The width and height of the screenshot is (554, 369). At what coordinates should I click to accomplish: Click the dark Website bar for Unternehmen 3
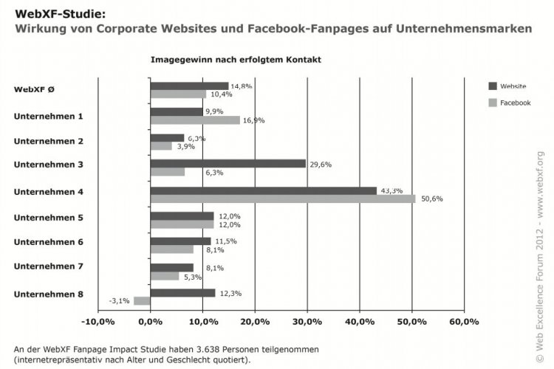pos(228,163)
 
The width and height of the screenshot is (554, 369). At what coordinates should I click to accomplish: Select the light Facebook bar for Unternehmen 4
pos(282,199)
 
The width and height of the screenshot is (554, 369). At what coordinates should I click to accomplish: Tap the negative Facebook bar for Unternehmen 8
pos(142,301)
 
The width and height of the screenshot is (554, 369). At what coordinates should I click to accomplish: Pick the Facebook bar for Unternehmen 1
pos(195,120)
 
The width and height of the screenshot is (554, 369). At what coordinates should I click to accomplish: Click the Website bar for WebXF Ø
pos(189,86)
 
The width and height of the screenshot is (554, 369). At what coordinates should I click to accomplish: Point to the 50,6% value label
pos(431,199)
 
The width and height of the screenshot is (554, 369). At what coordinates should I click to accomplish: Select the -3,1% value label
pos(119,301)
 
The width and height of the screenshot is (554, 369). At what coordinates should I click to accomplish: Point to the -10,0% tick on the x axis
pos(98,322)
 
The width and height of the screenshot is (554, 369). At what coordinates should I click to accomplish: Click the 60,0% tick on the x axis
pos(464,322)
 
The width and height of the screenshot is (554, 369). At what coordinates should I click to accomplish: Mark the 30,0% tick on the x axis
pos(307,322)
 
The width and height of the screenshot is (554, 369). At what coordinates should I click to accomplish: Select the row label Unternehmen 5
pos(49,218)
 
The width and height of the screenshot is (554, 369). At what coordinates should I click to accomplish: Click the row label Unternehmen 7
pos(49,266)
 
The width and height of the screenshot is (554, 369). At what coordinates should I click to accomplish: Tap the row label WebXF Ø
pos(33,90)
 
